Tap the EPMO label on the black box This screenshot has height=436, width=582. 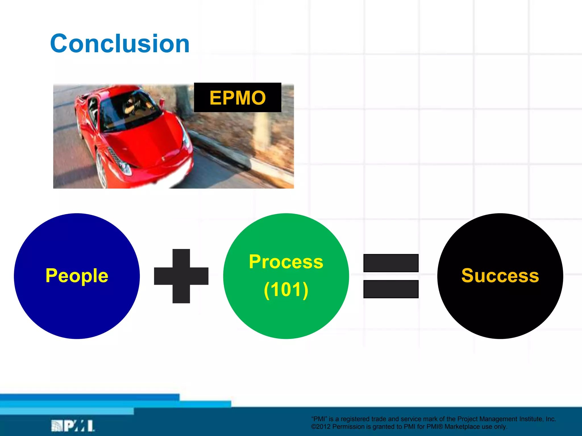[x=238, y=98]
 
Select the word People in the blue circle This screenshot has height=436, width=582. [x=77, y=276]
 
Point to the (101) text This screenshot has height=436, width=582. [x=286, y=290]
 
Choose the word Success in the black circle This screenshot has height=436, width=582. [x=500, y=276]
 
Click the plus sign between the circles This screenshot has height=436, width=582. [x=181, y=276]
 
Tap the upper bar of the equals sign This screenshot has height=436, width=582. [x=391, y=263]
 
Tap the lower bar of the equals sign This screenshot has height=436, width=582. [x=391, y=289]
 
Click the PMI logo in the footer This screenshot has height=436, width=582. [x=73, y=426]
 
